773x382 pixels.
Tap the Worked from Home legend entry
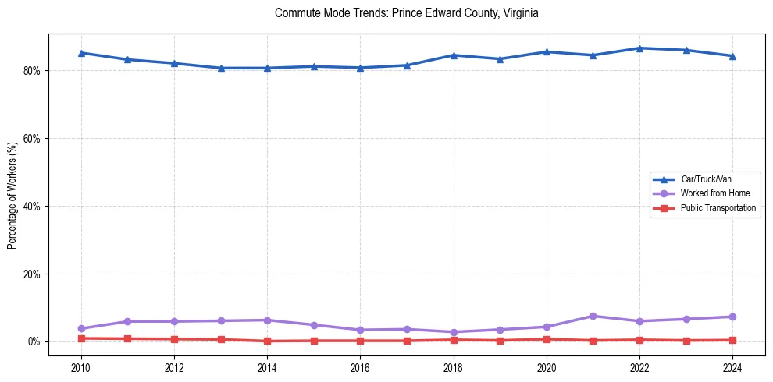click(x=711, y=193)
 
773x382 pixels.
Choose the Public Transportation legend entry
click(x=718, y=208)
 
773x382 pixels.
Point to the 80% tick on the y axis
click(x=32, y=71)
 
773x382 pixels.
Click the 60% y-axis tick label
click(x=32, y=139)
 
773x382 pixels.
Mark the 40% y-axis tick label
click(x=32, y=207)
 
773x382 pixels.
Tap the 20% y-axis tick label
click(x=32, y=274)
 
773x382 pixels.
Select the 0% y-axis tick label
click(x=34, y=342)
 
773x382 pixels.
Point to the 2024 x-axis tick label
click(x=733, y=366)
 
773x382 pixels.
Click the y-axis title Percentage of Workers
click(x=12, y=195)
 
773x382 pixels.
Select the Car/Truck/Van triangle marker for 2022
click(x=639, y=48)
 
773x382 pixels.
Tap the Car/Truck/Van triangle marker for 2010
click(x=81, y=53)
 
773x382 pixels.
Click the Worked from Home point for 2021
click(x=593, y=316)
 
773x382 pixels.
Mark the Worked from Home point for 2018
click(x=454, y=332)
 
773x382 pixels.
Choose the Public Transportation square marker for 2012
click(x=174, y=339)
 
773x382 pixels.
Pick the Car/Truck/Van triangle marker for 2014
click(x=267, y=68)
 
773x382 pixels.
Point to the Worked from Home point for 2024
click(x=733, y=317)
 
